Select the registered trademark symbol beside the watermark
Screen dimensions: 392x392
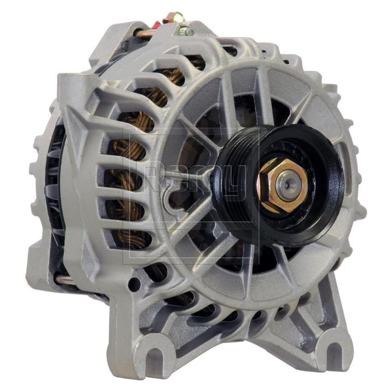[263, 131]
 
